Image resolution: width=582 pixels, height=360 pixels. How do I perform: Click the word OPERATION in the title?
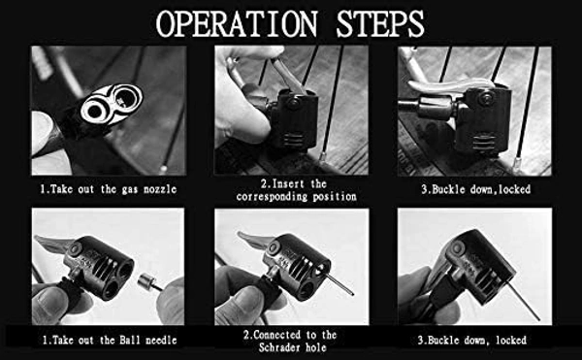coord(237,23)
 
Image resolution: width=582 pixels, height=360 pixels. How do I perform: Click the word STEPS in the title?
coord(380,23)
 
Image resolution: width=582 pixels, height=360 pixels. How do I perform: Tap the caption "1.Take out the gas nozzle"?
coord(109,189)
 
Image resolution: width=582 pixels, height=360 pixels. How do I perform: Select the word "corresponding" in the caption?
coord(272,196)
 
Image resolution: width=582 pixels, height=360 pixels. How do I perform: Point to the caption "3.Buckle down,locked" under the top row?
coord(476,189)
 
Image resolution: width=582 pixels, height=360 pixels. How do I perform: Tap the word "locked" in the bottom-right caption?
coord(511,340)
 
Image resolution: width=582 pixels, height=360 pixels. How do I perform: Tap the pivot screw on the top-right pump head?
coord(484,98)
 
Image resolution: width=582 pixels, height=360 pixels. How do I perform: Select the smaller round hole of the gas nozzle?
coord(94,111)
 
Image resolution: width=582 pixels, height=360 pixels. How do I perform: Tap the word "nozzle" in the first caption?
coord(160,189)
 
